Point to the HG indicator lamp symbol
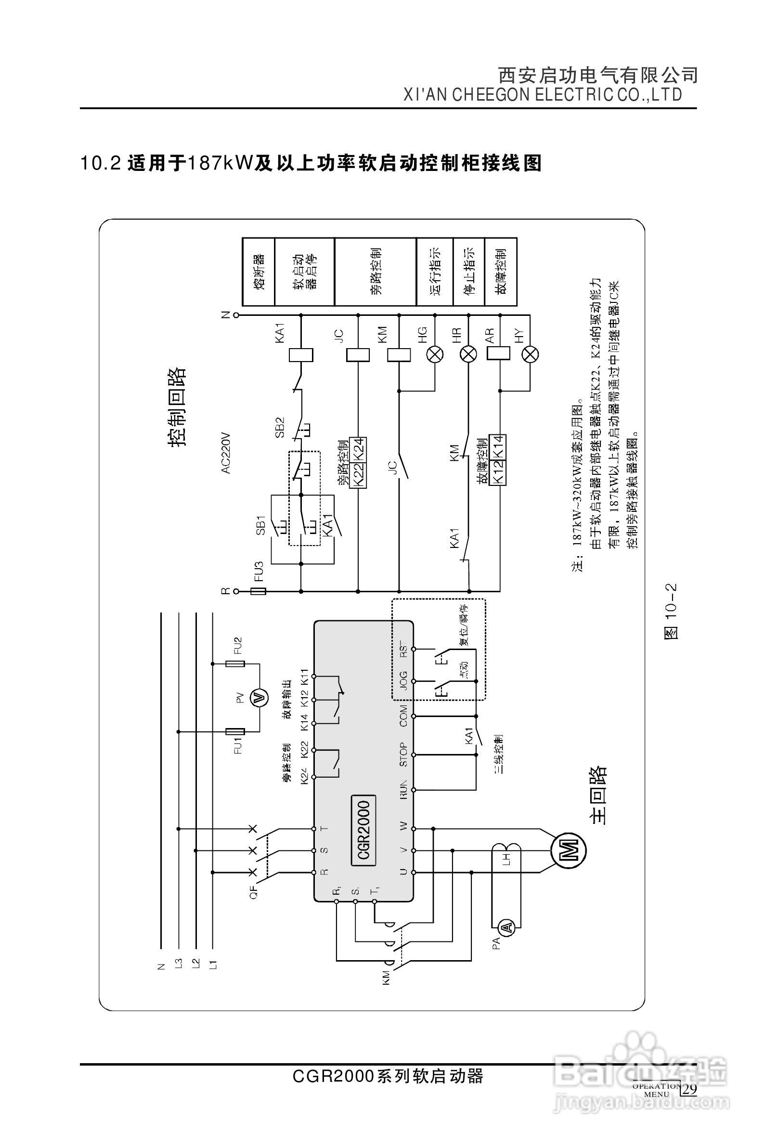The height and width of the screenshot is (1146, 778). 435,354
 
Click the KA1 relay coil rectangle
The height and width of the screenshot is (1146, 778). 301,354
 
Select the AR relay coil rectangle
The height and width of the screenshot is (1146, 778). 498,353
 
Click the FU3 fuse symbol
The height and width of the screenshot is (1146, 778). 259,591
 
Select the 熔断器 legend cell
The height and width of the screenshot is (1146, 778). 258,272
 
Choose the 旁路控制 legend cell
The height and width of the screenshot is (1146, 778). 375,272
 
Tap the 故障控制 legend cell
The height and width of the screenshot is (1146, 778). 501,272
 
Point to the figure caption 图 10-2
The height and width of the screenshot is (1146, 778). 672,612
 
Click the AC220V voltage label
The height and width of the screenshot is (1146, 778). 226,454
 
